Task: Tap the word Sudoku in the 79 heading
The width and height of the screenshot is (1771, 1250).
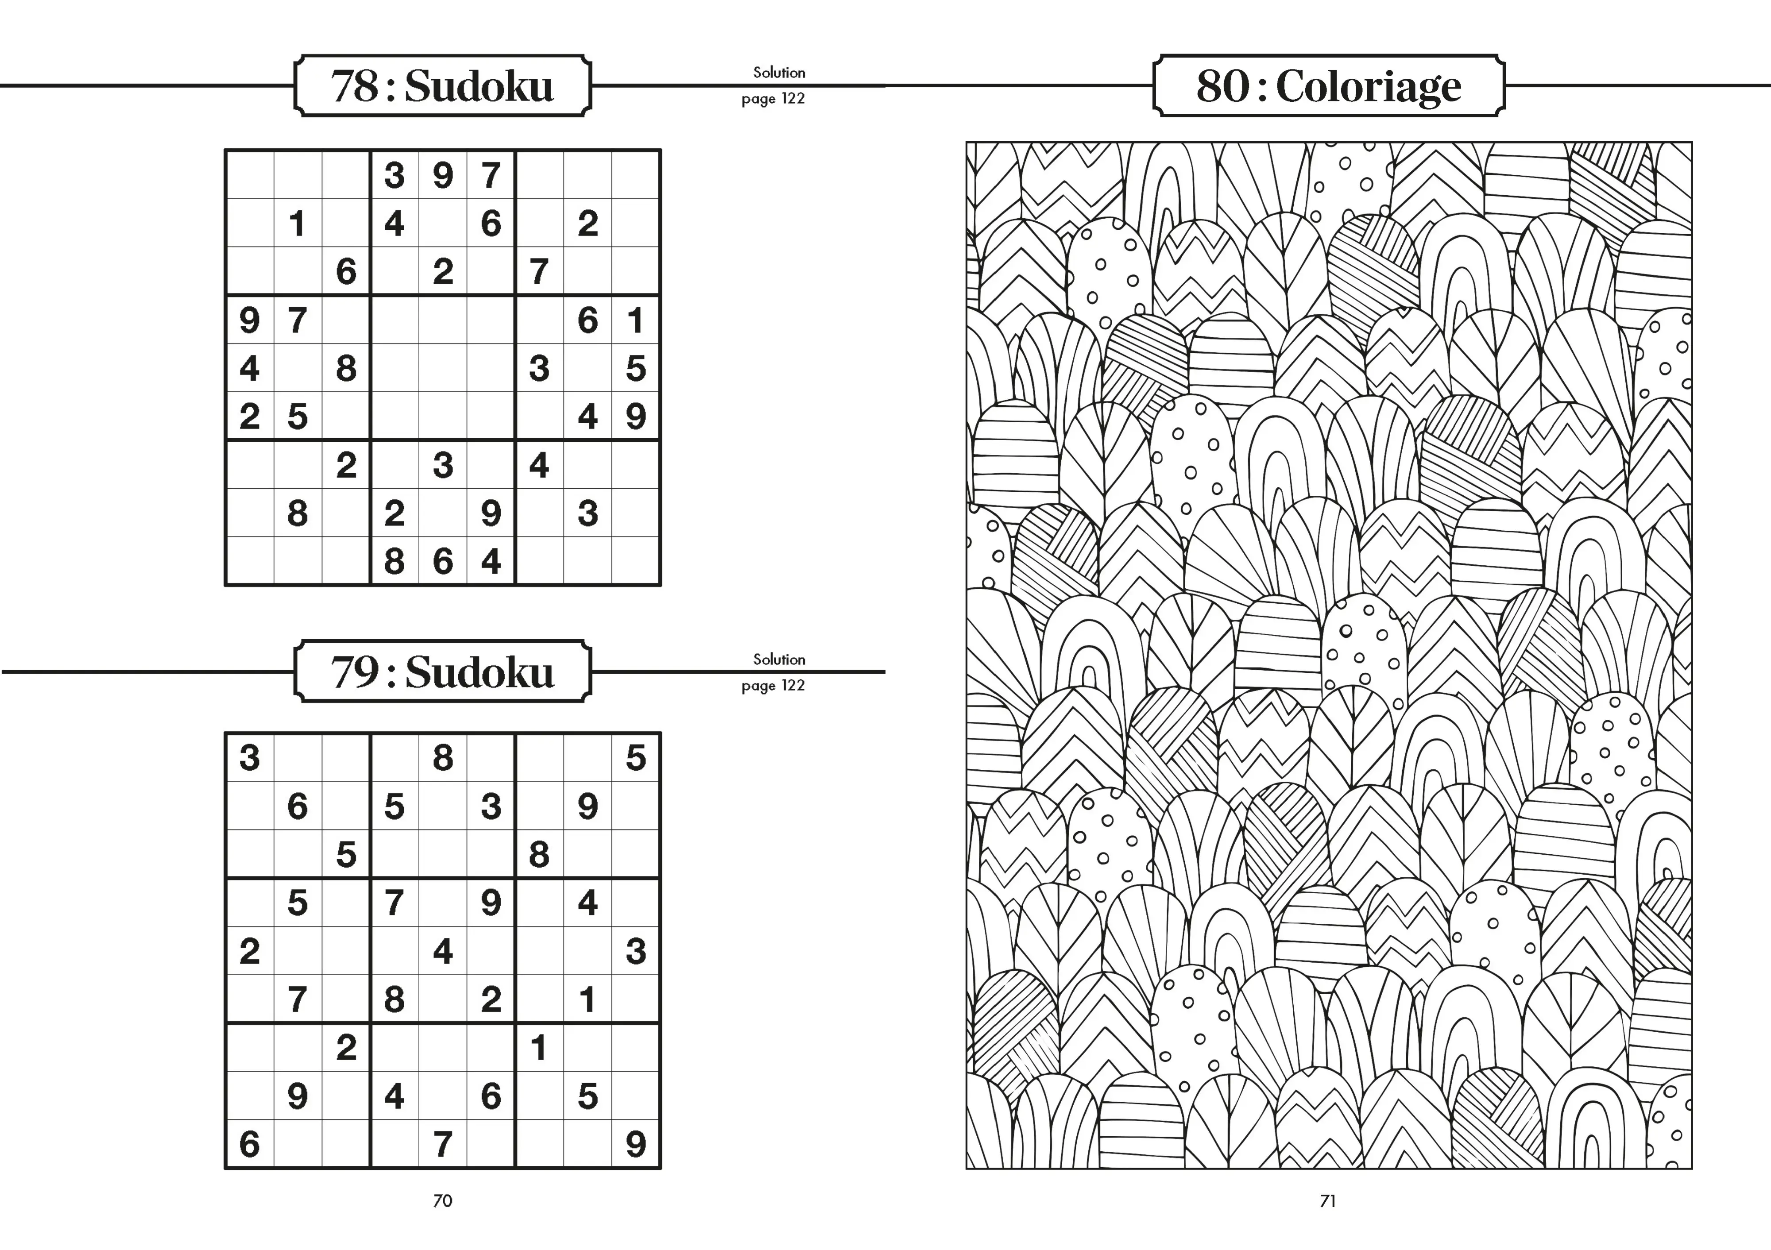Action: coord(479,672)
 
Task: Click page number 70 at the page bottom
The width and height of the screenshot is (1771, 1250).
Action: coord(443,1201)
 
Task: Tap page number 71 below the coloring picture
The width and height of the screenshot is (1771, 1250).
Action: coord(1327,1201)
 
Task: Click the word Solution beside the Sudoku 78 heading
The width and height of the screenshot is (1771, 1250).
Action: coord(779,73)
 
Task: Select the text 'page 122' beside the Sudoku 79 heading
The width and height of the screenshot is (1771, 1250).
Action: coord(773,686)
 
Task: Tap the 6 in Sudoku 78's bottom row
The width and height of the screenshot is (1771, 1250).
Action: coord(443,561)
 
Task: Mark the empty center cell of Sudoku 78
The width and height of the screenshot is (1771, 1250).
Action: coord(443,368)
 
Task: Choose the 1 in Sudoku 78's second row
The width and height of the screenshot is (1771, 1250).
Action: coord(297,224)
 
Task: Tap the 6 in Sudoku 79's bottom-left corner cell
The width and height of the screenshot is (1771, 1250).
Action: coord(249,1144)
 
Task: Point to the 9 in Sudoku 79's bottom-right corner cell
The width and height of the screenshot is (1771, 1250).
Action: coord(636,1144)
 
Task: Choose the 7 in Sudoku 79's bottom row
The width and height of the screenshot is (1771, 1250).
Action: coord(443,1144)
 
